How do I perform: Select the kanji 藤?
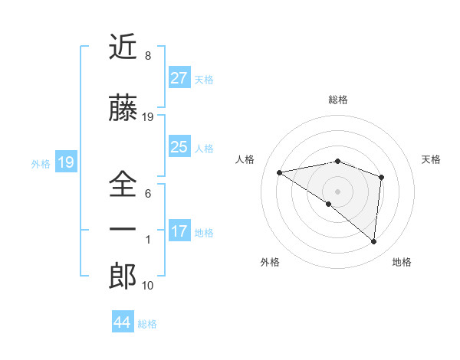pos(123,109)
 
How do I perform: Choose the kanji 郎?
pos(123,277)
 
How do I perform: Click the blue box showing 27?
pos(179,78)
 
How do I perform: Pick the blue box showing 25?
pos(179,147)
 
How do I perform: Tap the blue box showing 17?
pos(179,231)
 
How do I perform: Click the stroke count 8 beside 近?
pos(147,56)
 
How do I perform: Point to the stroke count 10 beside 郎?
pos(148,286)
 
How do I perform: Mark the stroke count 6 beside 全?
pos(147,193)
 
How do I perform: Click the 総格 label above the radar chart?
pos(337,100)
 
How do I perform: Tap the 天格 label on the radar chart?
pos(431,159)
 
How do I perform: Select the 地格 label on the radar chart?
pos(402,262)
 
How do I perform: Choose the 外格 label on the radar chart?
pos(270,262)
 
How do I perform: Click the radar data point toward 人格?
pos(279,172)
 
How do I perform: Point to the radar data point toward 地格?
pos(373,242)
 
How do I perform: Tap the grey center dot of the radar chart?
pos(337,191)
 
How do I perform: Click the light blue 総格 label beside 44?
pos(147,324)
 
